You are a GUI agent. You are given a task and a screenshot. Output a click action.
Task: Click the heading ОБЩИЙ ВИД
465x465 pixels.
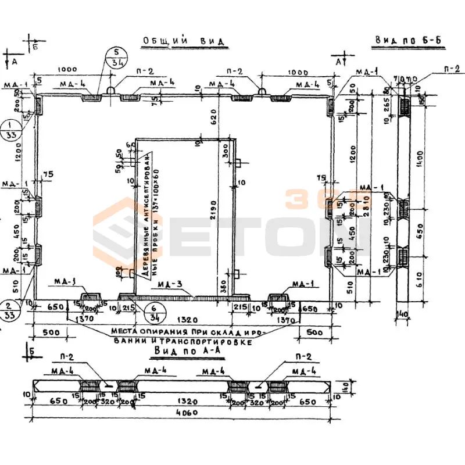pyautogui.click(x=184, y=41)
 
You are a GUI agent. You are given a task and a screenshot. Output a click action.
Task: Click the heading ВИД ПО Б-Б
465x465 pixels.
pyautogui.click(x=409, y=40)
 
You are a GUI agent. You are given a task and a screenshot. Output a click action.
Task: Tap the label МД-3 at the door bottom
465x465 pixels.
pyautogui.click(x=170, y=284)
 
